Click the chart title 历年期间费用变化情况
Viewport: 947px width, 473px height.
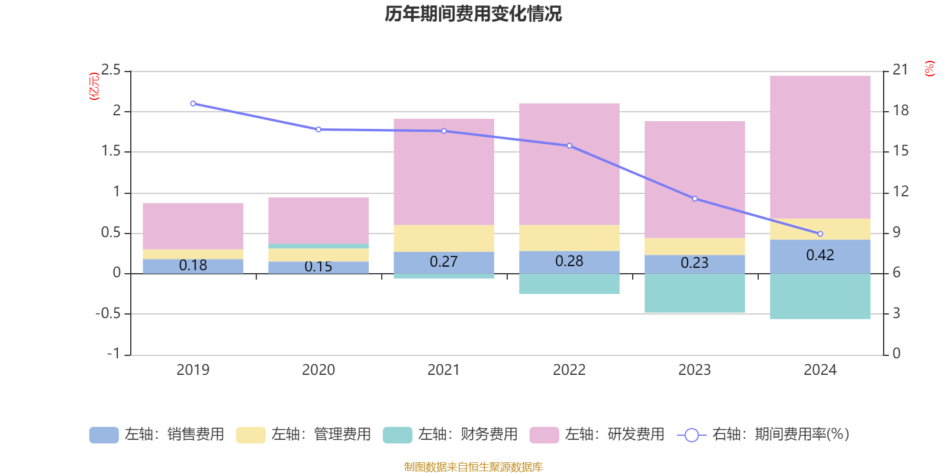point(473,14)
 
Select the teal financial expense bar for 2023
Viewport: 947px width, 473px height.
point(694,293)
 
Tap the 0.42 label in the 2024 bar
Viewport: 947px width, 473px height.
point(820,255)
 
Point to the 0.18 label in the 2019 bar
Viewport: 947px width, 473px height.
point(193,265)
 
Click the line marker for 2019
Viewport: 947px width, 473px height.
point(193,103)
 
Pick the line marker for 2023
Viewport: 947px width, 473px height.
point(695,199)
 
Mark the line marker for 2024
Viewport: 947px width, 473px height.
point(820,234)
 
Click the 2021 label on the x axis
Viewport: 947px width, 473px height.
point(443,370)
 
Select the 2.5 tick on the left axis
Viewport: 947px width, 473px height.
point(111,70)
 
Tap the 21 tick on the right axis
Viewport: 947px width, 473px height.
point(900,70)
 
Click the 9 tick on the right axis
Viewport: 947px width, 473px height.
point(896,232)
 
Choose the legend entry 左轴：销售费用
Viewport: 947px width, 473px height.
point(157,435)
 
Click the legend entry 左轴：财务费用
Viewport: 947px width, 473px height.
point(450,435)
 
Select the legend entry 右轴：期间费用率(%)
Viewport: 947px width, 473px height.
point(764,435)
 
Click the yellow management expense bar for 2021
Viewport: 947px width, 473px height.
point(443,238)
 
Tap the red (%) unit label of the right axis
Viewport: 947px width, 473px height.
point(929,69)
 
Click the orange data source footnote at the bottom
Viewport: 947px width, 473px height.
point(473,467)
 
